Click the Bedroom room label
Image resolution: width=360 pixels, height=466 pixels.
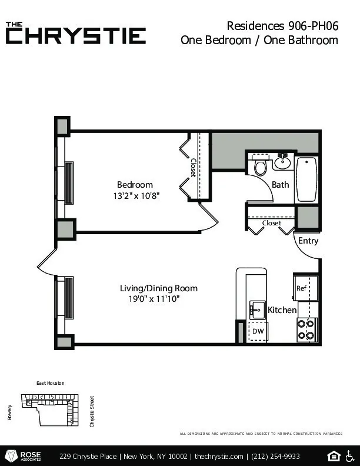135,184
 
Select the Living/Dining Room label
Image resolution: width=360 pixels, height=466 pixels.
159,288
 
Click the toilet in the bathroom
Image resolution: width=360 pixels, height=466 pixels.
261,167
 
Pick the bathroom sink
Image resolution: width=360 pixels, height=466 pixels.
282,161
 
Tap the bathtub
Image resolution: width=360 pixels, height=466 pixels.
306,179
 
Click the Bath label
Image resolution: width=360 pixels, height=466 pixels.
281,184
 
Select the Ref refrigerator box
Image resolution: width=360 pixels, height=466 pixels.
301,288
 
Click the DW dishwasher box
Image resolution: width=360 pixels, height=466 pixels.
258,332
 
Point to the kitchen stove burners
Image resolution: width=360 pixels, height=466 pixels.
306,329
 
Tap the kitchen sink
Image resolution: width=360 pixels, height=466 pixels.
257,309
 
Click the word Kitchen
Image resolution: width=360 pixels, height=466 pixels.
282,310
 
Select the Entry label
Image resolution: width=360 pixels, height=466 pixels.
308,241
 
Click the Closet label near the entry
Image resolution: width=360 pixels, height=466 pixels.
272,223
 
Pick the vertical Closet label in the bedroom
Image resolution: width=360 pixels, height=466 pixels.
192,167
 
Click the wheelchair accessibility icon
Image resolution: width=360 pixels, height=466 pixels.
350,456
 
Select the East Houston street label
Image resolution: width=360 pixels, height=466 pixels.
50,383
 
